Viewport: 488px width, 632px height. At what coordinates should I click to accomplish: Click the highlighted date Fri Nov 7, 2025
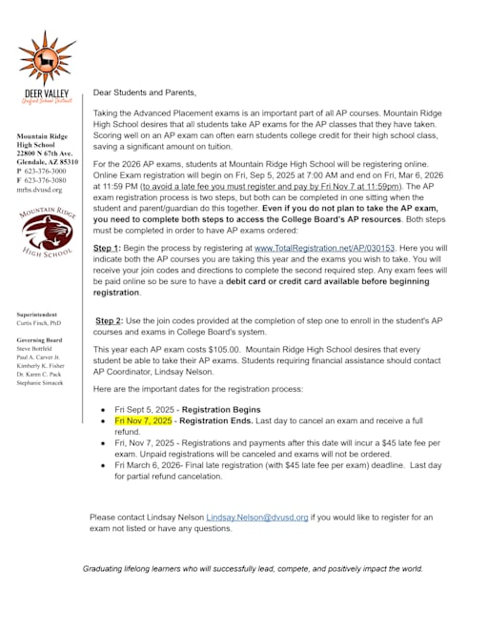pos(143,419)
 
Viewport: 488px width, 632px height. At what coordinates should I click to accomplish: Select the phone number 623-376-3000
pos(46,172)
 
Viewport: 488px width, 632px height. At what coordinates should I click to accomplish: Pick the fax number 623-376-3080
pos(46,180)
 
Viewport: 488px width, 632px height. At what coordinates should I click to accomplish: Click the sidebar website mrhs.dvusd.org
pos(38,190)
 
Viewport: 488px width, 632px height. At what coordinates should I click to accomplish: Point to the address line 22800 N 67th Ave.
pos(45,153)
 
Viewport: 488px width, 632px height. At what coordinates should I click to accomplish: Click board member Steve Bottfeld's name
pos(35,348)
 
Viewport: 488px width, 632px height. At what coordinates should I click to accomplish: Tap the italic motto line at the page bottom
pos(253,568)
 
